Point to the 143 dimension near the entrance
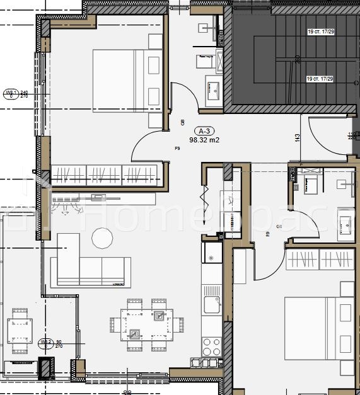pyautogui.click(x=296, y=137)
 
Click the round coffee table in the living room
pyautogui.click(x=102, y=238)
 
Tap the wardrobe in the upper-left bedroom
pyautogui.click(x=105, y=174)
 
